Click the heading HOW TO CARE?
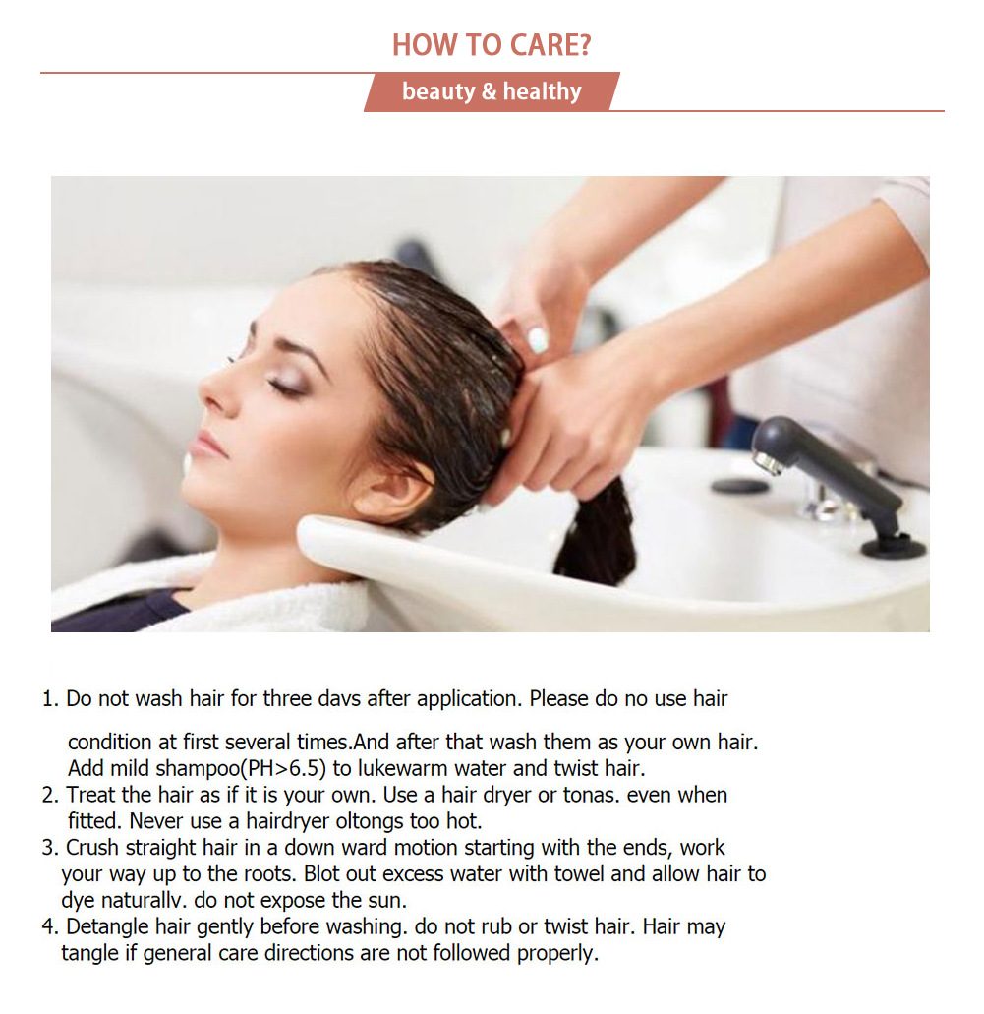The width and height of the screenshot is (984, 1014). pyautogui.click(x=492, y=44)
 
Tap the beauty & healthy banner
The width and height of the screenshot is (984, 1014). pyautogui.click(x=492, y=91)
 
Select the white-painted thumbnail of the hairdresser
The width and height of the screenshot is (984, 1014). pyautogui.click(x=538, y=340)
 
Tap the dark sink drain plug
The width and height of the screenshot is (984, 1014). pyautogui.click(x=739, y=485)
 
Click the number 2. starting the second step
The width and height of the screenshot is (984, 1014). pyautogui.click(x=50, y=795)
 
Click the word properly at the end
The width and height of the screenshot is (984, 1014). pyautogui.click(x=557, y=954)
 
